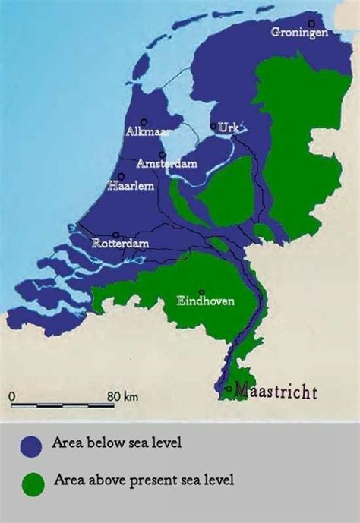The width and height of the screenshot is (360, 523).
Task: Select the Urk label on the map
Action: (227, 128)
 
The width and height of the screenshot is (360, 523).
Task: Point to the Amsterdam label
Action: (166, 164)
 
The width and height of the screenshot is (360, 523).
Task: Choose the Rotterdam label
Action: (120, 244)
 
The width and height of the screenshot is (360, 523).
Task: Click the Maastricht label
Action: (275, 391)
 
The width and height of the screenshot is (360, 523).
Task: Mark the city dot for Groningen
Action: (311, 24)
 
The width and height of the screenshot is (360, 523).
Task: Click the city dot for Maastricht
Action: (229, 389)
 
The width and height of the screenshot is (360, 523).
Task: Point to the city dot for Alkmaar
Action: (143, 121)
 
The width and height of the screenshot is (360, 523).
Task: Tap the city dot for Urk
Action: (213, 127)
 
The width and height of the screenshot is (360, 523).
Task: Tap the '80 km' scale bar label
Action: (122, 396)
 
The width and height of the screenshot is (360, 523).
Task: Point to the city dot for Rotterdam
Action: (115, 235)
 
